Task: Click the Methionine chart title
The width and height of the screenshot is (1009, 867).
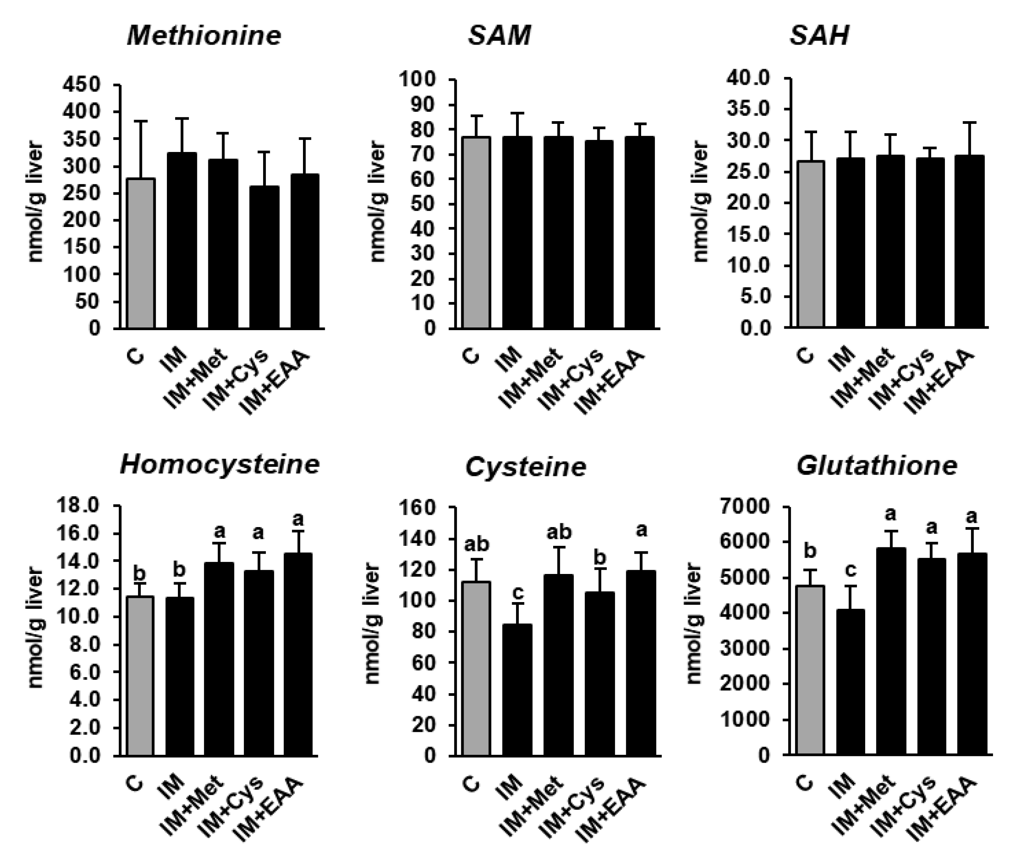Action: (204, 36)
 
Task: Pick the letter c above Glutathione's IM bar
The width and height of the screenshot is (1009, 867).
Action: (850, 570)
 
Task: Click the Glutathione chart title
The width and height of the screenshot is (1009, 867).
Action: (876, 466)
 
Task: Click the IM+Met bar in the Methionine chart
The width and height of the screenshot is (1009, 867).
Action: (224, 243)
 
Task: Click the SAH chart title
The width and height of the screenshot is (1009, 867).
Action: (819, 36)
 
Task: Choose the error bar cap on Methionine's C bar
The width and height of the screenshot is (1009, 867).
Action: (141, 121)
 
